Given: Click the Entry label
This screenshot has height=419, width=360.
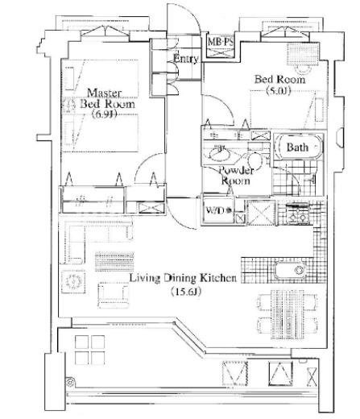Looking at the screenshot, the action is pyautogui.click(x=186, y=58).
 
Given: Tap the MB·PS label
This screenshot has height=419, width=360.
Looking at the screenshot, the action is pyautogui.click(x=221, y=42).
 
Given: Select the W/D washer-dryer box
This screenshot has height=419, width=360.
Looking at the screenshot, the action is pyautogui.click(x=218, y=210).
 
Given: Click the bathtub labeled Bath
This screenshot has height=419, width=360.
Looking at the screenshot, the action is pyautogui.click(x=299, y=147).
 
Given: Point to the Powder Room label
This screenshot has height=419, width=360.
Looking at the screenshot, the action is pyautogui.click(x=236, y=176).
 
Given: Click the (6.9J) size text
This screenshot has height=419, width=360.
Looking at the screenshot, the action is pyautogui.click(x=104, y=114).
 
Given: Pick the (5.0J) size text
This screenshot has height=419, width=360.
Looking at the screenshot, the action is pyautogui.click(x=279, y=91).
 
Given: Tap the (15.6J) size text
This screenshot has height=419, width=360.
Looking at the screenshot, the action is pyautogui.click(x=186, y=292).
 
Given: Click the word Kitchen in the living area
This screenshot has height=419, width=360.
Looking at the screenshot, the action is pyautogui.click(x=219, y=278).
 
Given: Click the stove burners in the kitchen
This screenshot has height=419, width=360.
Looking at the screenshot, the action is pyautogui.click(x=297, y=214).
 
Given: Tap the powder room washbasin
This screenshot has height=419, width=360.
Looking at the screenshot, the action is pyautogui.click(x=219, y=154).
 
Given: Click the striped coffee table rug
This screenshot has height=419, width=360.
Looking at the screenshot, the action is pyautogui.click(x=114, y=262).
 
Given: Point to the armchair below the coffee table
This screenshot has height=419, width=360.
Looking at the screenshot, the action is pyautogui.click(x=113, y=295).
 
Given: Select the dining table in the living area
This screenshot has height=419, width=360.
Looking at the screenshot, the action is pyautogui.click(x=287, y=311).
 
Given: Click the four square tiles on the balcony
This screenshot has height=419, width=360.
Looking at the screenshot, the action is pyautogui.click(x=89, y=350).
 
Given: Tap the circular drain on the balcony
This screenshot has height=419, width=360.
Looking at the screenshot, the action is pyautogui.click(x=70, y=382).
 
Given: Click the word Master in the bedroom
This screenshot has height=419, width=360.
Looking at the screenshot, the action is pyautogui.click(x=104, y=93).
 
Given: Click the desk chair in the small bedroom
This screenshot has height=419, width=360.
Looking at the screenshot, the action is pyautogui.click(x=303, y=69).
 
